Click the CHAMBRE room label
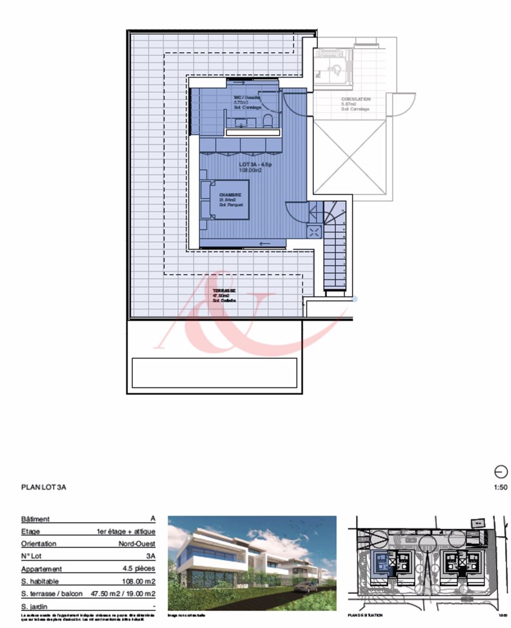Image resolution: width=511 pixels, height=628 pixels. pos(230,195)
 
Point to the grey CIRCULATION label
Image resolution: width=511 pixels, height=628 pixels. pos(356,99)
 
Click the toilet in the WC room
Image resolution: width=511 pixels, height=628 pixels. pos(267,120)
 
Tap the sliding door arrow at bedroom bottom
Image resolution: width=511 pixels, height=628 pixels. pos(265,243)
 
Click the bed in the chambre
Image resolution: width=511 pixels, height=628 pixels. pos(225,200)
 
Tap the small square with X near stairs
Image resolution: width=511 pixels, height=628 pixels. pos(314,232)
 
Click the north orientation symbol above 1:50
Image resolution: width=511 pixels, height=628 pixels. pos(501,472)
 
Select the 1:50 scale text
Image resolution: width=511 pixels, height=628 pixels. pos(501,487)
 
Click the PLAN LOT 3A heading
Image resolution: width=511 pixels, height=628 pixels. pos(44,487)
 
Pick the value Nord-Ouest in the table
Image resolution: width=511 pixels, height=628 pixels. pos(136,544)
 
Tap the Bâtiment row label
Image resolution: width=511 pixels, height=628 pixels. pos(35,519)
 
